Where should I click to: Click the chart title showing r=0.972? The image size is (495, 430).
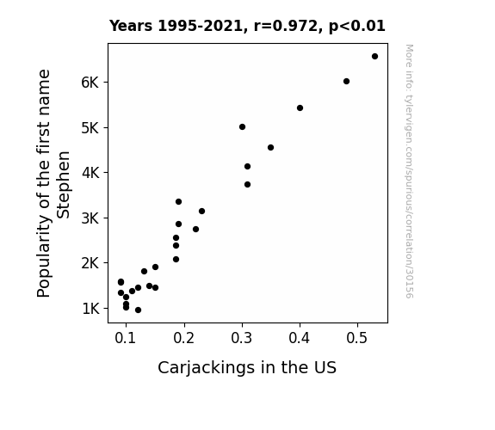(247, 26)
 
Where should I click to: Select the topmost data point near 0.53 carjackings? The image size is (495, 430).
(374, 57)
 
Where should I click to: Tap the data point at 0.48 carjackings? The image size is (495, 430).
(346, 82)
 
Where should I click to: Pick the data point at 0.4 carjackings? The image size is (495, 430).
(300, 107)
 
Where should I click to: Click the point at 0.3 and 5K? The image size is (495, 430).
(242, 126)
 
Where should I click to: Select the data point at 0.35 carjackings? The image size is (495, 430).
(270, 147)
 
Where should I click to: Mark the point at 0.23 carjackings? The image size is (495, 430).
(201, 211)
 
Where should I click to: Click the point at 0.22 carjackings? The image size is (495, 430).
(195, 229)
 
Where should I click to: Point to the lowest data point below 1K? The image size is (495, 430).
(138, 310)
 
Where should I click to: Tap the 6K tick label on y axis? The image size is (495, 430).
(90, 83)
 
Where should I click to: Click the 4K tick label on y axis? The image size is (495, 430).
(90, 173)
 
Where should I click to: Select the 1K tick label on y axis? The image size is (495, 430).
(90, 309)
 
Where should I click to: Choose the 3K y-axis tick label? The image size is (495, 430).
(90, 218)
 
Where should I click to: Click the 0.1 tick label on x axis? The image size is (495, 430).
(126, 338)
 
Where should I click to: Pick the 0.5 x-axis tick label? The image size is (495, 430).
(357, 338)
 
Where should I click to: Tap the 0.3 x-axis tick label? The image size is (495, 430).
(242, 338)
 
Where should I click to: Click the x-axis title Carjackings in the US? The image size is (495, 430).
(247, 368)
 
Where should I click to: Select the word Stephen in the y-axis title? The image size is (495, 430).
(63, 185)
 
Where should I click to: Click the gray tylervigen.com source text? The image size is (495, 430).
(409, 171)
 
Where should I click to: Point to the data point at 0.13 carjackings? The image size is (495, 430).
(144, 271)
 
